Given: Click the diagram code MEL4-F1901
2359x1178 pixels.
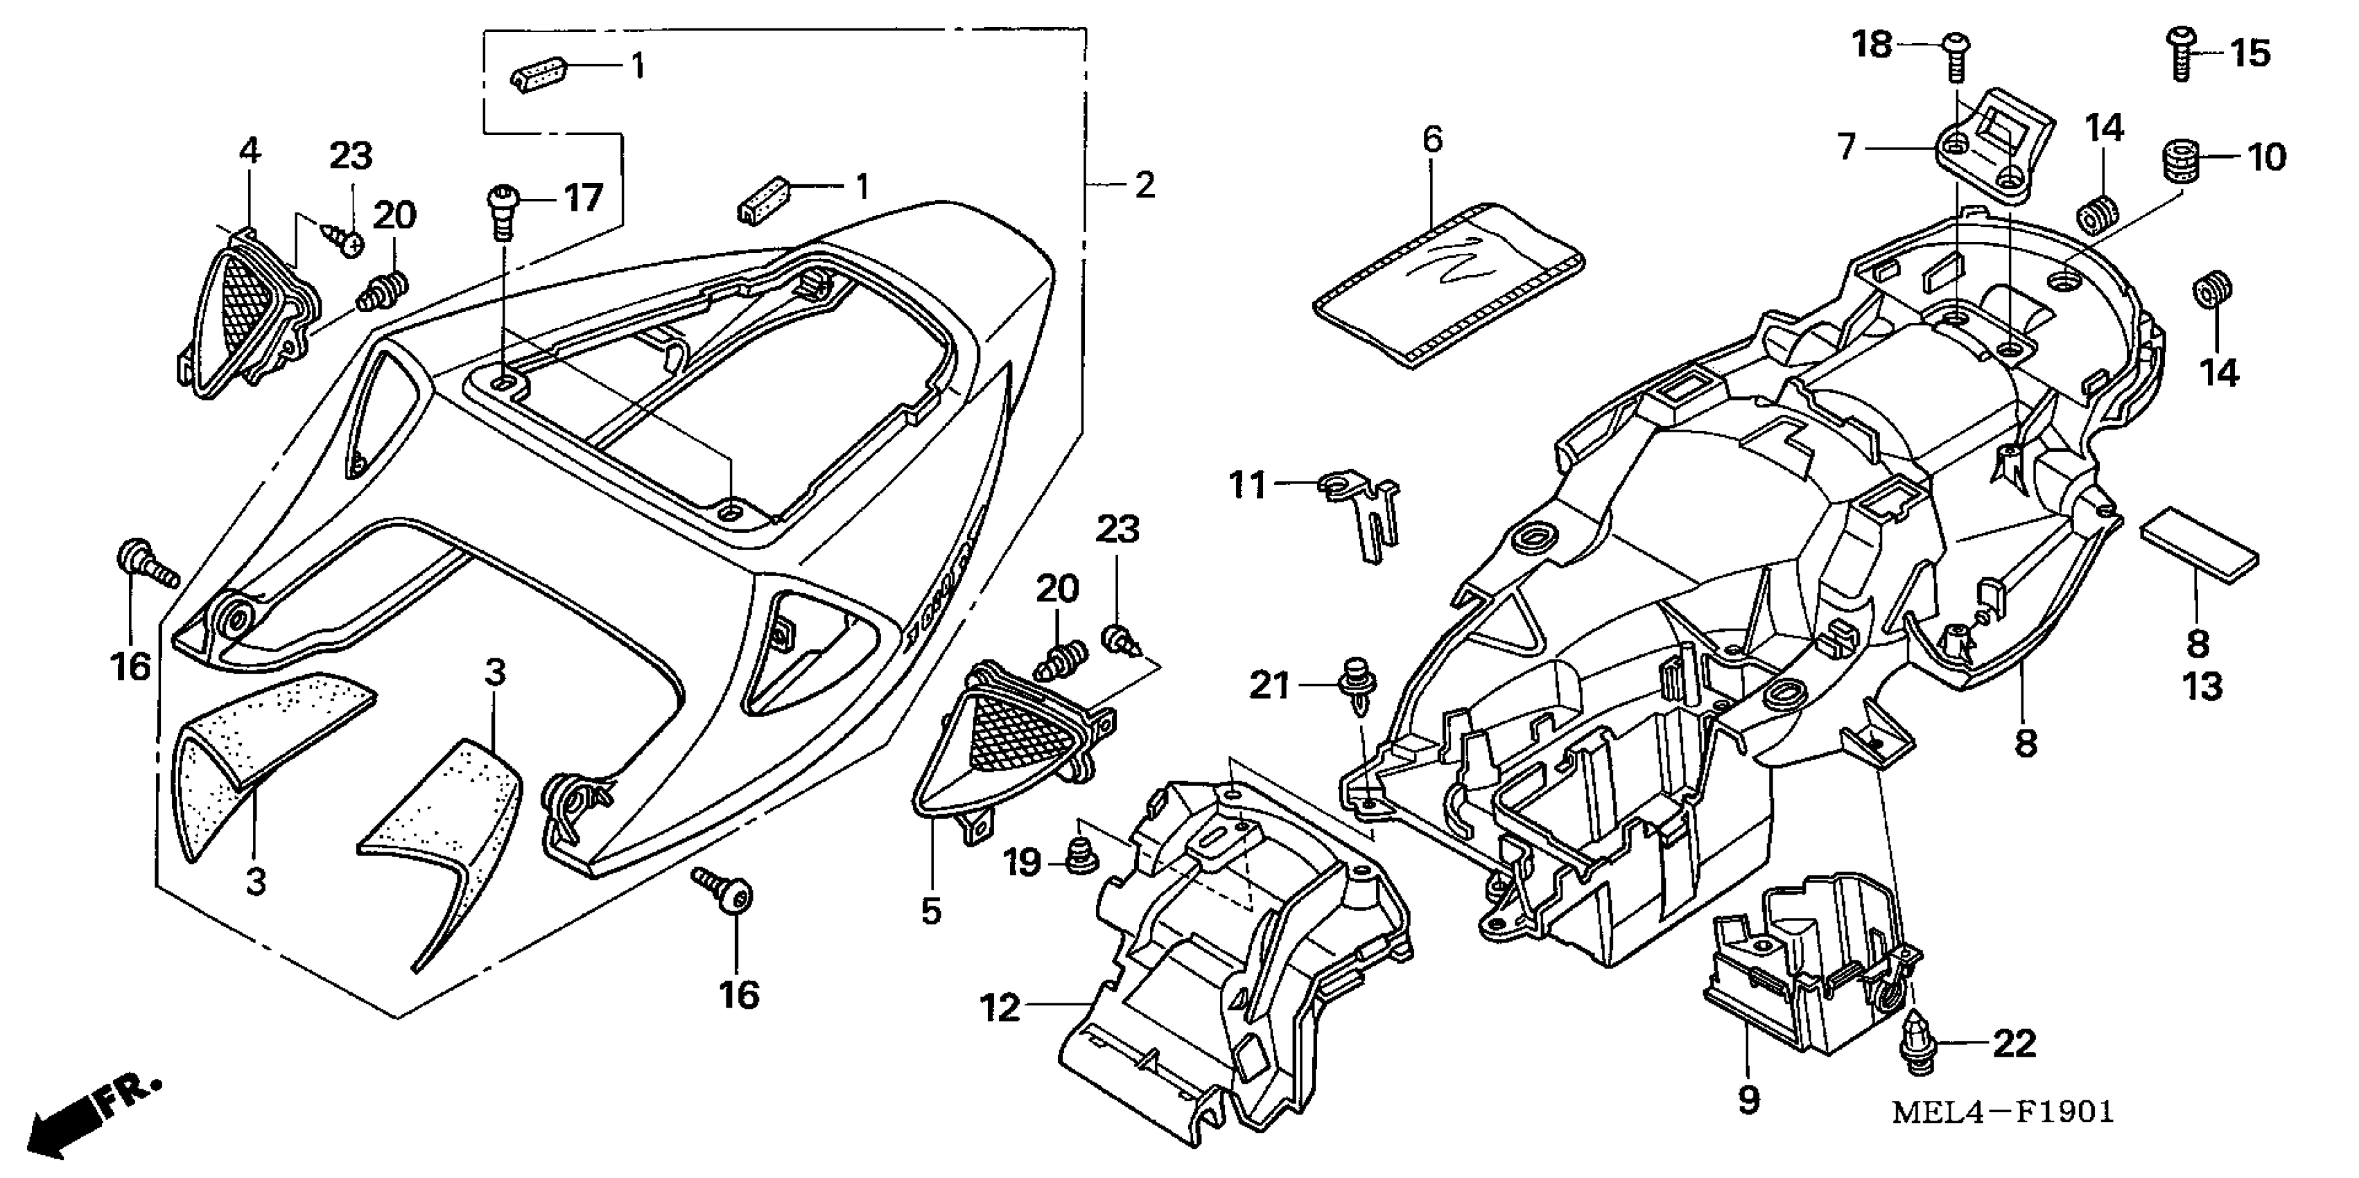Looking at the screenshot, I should tap(2002, 1113).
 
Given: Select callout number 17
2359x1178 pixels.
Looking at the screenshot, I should tap(584, 197).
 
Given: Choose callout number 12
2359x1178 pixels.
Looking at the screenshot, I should tap(999, 1008).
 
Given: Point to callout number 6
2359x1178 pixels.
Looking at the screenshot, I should tap(1432, 140).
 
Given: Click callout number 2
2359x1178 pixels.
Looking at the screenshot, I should tap(1144, 186).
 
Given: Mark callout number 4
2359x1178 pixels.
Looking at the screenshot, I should tap(249, 151).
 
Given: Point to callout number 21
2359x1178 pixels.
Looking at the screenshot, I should tap(1269, 685).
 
